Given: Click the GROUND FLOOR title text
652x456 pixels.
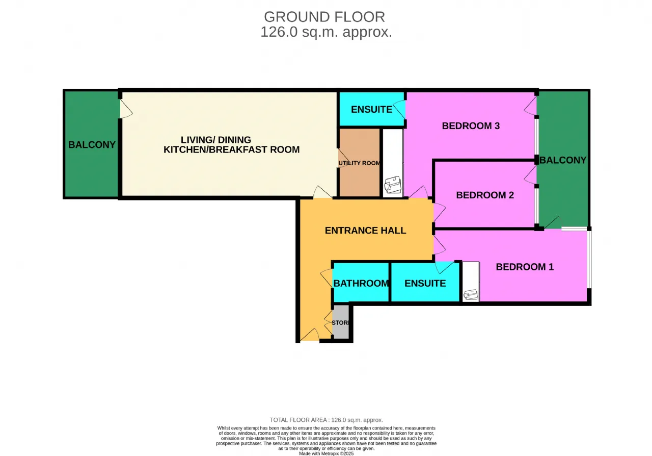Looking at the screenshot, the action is click(324, 17).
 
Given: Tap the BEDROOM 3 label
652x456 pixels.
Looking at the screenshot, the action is click(471, 126).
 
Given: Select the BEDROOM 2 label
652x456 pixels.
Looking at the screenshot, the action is click(485, 195).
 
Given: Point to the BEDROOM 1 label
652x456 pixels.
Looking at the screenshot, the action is click(525, 267).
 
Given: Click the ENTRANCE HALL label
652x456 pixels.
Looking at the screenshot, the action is click(365, 231).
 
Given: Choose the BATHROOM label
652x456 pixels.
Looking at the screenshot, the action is click(361, 284).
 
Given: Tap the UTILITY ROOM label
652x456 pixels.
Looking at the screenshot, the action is click(359, 163).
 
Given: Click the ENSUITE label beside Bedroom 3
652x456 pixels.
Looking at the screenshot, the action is click(372, 109).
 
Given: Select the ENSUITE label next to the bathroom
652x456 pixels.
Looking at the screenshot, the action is click(425, 284).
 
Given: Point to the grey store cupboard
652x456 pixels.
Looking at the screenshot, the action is click(341, 322).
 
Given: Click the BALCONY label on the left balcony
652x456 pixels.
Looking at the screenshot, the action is click(92, 145).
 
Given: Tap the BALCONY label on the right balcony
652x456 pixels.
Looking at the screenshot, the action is click(563, 160).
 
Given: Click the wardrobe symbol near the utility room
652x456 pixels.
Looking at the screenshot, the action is click(393, 185).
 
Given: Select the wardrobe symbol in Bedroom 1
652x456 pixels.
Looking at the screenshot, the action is click(471, 295).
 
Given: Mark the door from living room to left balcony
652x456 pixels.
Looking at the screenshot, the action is click(126, 109).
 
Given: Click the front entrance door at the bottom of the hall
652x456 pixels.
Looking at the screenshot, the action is click(310, 335).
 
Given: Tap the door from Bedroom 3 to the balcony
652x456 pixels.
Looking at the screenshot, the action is click(530, 106).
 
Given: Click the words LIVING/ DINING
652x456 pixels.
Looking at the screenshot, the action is click(215, 140).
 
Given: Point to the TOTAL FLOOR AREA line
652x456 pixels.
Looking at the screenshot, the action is click(327, 420).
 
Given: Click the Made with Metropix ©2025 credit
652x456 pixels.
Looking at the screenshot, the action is click(327, 453).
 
